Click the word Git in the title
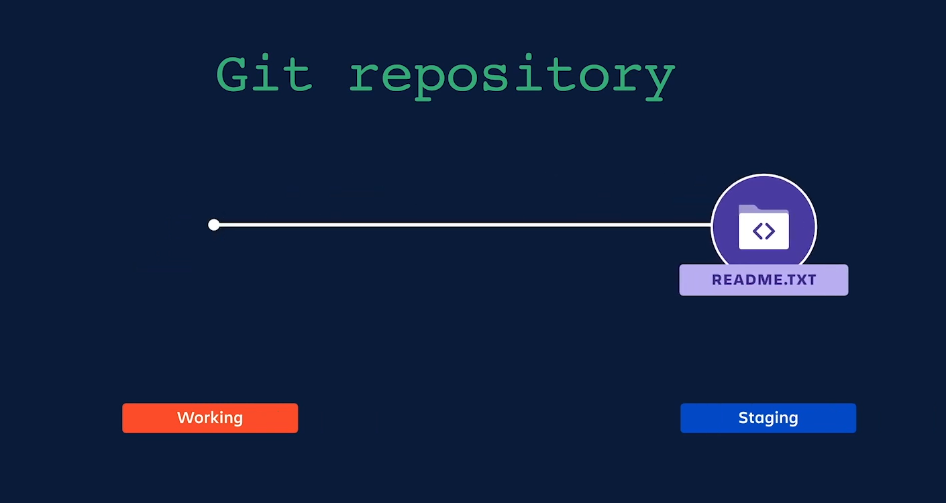click(264, 74)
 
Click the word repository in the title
click(511, 77)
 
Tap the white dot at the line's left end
click(214, 225)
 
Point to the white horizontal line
click(463, 225)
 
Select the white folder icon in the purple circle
click(764, 228)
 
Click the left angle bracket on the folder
click(757, 231)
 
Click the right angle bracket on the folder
click(770, 231)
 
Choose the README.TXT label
click(764, 280)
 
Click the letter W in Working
click(184, 418)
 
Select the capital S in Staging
click(743, 418)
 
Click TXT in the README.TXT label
click(802, 280)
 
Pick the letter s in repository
click(511, 78)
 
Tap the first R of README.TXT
click(717, 280)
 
